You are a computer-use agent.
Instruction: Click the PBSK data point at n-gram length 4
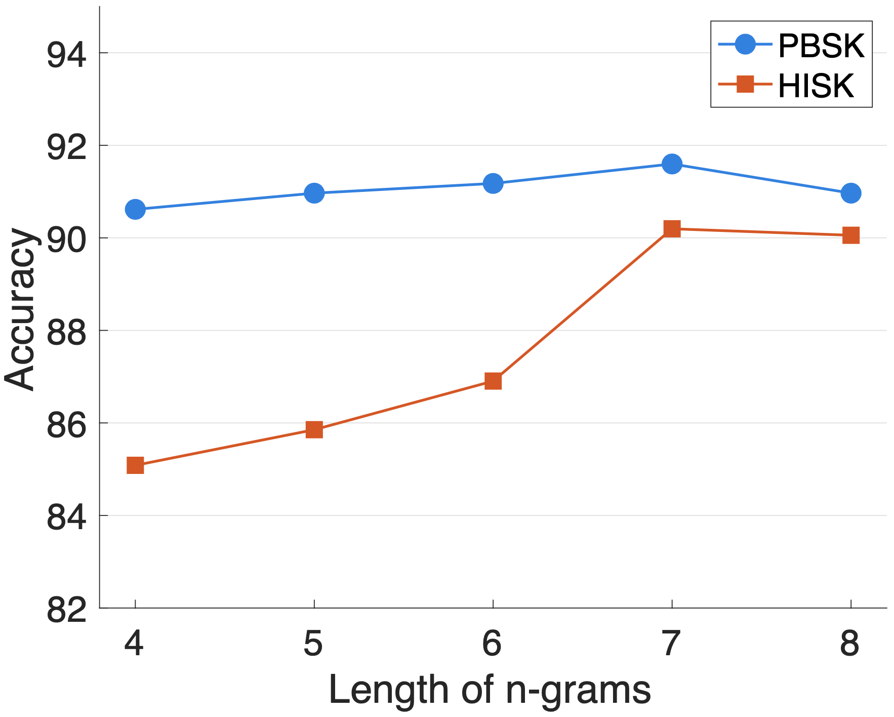tap(135, 209)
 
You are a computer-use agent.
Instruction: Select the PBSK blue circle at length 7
tap(672, 164)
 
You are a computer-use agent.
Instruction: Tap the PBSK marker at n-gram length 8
tap(850, 193)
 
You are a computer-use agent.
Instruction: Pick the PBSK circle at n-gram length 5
tap(314, 193)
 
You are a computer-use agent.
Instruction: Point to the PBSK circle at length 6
tap(493, 183)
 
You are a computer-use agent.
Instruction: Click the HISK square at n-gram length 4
tap(135, 465)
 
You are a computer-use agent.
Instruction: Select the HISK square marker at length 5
tap(314, 429)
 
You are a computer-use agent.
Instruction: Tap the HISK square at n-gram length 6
tap(493, 380)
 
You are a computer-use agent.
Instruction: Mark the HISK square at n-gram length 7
tap(672, 228)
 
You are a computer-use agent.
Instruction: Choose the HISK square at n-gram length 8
tap(850, 235)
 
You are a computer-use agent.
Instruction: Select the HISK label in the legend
tap(816, 86)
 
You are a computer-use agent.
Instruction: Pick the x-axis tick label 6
tap(492, 644)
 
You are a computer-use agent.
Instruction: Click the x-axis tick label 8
tap(850, 644)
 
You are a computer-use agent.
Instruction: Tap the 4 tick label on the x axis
tap(135, 644)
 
